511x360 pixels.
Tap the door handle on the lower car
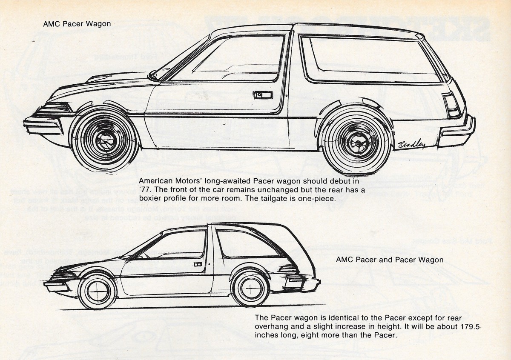coord(197,264)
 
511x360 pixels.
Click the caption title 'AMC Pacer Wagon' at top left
coord(77,24)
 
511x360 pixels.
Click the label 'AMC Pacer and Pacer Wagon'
coord(390,259)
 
